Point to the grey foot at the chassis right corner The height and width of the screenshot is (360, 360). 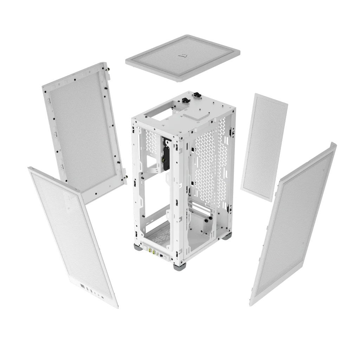pyautogui.click(x=227, y=236)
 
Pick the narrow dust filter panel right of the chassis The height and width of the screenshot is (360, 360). pyautogui.click(x=264, y=147)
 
